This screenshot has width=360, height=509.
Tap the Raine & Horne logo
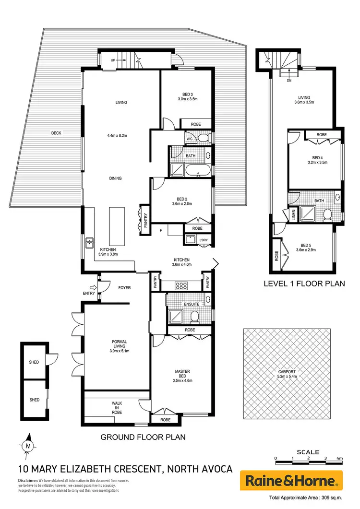(x=291, y=480)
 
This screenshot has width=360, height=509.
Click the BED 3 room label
(x=187, y=94)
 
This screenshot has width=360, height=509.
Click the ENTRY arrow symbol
(x=93, y=287)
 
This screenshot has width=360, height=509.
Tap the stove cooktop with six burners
(x=182, y=285)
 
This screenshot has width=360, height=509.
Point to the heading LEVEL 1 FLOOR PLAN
(x=304, y=284)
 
